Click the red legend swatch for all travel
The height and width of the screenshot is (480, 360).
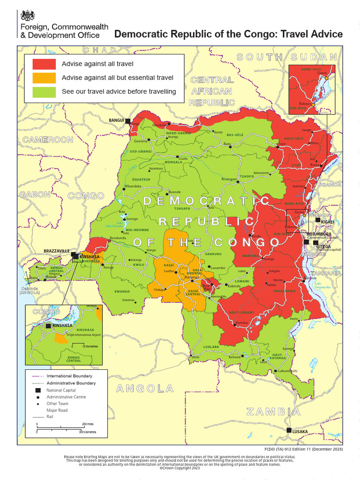[44, 64]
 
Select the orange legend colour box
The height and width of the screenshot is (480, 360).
[44, 77]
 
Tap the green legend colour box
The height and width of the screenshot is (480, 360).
[44, 91]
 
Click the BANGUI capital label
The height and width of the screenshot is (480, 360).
[116, 120]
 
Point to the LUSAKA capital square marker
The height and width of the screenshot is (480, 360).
[289, 430]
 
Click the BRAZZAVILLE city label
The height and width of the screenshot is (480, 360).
[56, 251]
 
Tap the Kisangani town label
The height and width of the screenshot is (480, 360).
[229, 179]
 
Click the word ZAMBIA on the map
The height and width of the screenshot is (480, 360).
[273, 412]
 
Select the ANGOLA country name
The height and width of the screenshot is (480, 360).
[145, 388]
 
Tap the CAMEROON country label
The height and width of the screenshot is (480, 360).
[48, 140]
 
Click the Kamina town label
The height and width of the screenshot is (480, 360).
[241, 323]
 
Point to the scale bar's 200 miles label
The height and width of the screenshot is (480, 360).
[88, 424]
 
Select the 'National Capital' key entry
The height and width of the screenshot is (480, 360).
[61, 390]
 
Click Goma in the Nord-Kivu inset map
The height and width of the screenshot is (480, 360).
[322, 73]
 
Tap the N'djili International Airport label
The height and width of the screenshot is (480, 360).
[83, 335]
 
